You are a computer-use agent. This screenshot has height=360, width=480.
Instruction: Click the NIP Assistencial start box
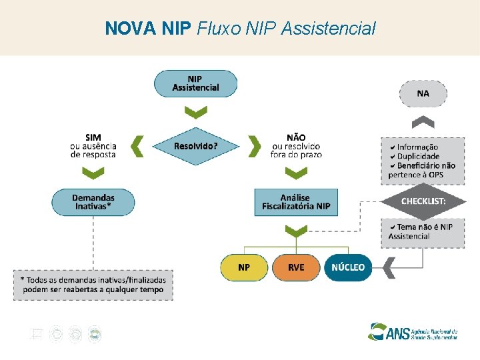(195, 84)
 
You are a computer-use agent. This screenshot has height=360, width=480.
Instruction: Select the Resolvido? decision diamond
(195, 145)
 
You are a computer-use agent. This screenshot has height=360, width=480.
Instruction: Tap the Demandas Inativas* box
(93, 202)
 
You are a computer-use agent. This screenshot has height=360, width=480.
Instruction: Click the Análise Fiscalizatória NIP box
(296, 202)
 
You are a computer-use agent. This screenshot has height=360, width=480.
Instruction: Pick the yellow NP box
(244, 267)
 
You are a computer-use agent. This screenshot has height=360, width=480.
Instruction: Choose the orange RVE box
(296, 267)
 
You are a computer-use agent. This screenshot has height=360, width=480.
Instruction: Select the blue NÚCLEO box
(348, 267)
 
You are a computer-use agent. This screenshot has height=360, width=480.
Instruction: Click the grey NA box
(423, 93)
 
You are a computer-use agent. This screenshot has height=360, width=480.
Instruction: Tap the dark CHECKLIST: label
(423, 201)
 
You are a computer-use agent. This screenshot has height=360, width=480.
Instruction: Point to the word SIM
(93, 137)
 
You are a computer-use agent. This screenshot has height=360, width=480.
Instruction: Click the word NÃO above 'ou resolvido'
(296, 137)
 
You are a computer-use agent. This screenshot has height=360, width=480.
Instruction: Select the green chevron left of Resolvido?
(137, 145)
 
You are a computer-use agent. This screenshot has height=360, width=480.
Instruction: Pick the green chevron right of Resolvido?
(254, 145)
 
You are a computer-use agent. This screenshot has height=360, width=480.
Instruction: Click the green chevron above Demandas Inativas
(93, 173)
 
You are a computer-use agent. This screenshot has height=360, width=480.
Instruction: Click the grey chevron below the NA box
(423, 123)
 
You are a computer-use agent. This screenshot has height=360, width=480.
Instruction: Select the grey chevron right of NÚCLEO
(389, 268)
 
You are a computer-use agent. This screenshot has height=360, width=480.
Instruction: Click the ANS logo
(413, 331)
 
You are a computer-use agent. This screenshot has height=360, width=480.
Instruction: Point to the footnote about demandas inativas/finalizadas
(93, 285)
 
